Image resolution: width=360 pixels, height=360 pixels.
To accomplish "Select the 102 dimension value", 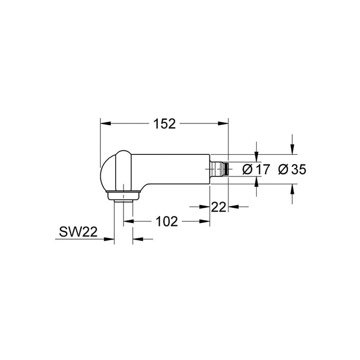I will (x=166, y=221).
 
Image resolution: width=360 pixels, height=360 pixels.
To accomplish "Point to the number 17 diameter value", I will (x=263, y=169).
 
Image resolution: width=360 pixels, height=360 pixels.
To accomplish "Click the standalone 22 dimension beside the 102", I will (x=219, y=207).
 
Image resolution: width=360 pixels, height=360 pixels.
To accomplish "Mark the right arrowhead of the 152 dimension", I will (x=224, y=123).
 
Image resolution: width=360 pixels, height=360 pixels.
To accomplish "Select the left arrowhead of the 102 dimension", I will (x=127, y=221).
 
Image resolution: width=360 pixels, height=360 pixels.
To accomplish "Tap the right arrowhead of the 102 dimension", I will (x=206, y=221).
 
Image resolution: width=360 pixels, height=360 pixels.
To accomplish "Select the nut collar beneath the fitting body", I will (x=123, y=195).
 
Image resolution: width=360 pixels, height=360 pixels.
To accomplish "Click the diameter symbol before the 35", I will (x=282, y=169).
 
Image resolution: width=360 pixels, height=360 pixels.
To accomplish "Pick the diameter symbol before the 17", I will (x=247, y=169).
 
